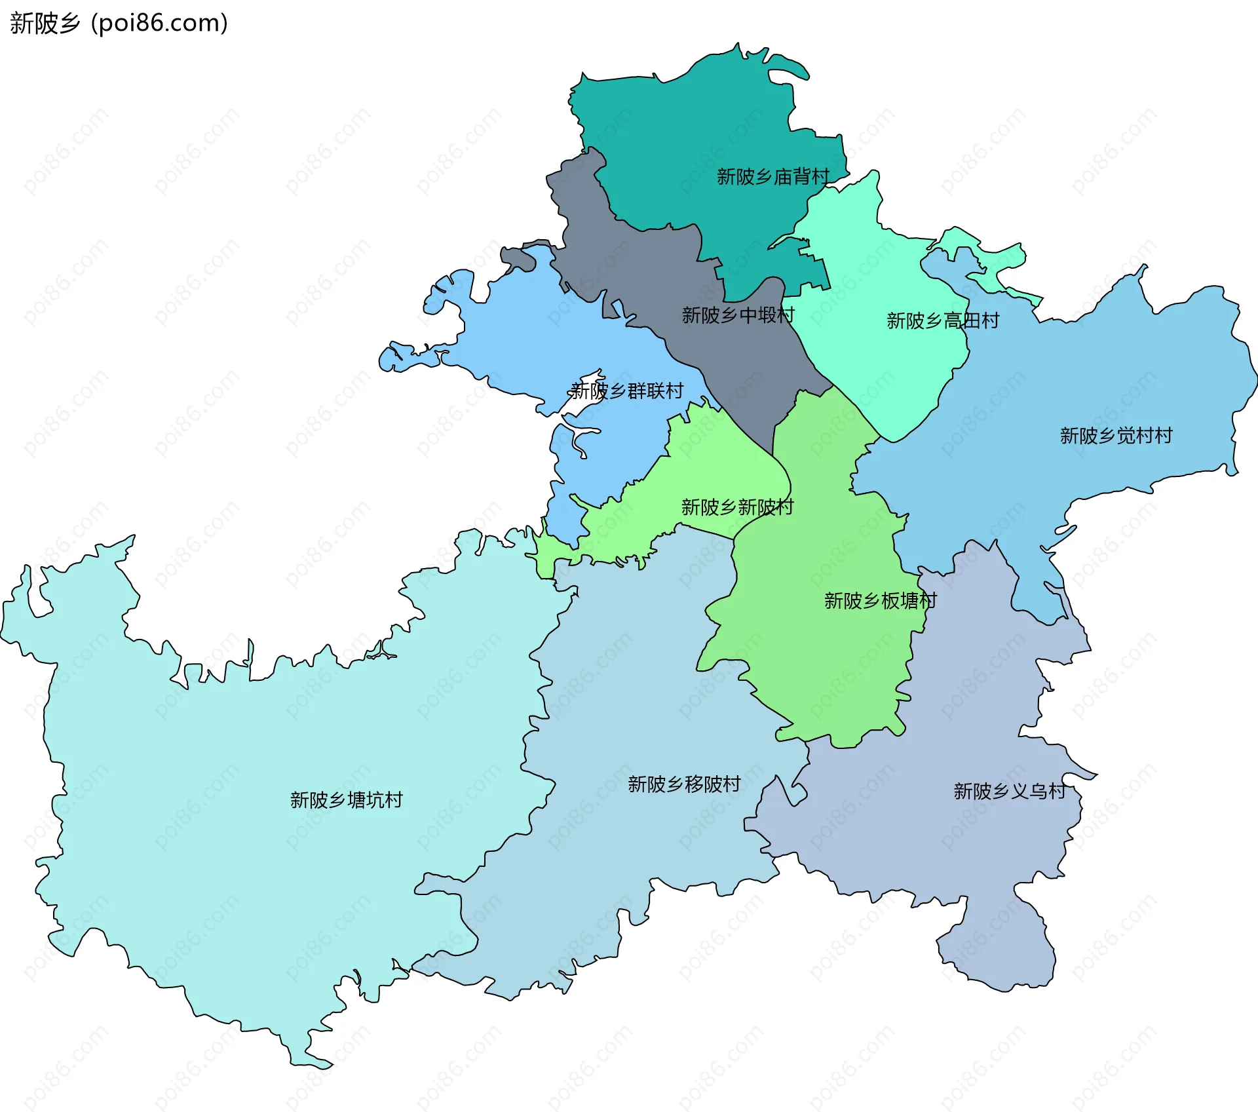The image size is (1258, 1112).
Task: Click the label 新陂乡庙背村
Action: pos(773,177)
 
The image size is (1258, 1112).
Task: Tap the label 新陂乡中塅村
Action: pos(738,316)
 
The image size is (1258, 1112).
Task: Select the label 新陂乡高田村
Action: pos(943,321)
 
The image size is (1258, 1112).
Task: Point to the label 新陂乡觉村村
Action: pos(1116,436)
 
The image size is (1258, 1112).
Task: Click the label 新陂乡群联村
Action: pos(626,391)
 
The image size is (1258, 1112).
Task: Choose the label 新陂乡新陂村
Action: pos(737,507)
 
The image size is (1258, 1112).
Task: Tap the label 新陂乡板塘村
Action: pos(880,601)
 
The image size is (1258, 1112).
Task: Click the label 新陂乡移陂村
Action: pos(684,784)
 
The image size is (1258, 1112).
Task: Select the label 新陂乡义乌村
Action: pos(1010,792)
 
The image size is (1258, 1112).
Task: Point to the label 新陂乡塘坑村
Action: pos(346,800)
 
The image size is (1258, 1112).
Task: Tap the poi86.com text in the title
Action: pos(159,24)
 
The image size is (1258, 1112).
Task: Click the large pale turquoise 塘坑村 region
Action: pos(262,885)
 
